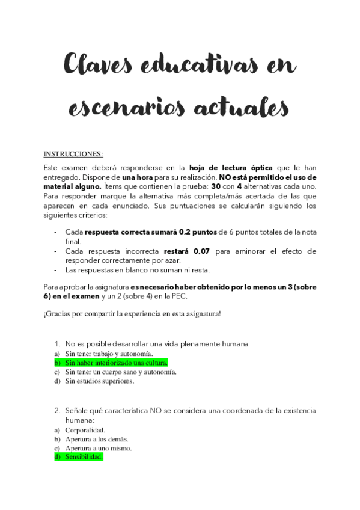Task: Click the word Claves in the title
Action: pos(97,65)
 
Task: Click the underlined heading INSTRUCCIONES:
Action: pos(73,153)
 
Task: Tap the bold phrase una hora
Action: pos(138,177)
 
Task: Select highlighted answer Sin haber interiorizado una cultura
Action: pos(116,363)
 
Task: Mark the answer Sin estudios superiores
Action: pos(99,381)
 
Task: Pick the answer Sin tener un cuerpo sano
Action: pos(120,372)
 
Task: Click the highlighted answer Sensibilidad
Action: pos(84,457)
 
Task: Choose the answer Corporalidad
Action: pos(85,430)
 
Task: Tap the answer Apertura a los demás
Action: pos(97,439)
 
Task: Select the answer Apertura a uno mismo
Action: pos(99,448)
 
